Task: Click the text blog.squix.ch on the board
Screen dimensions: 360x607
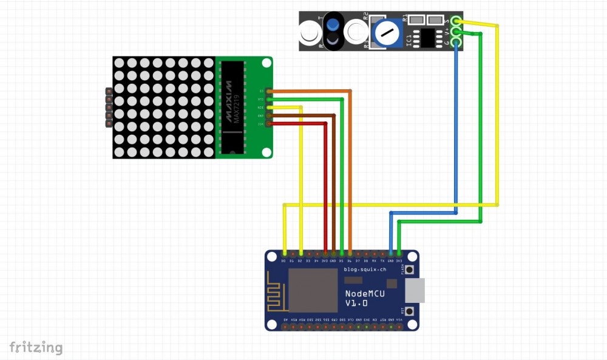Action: pos(365,269)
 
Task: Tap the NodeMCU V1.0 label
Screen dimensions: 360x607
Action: pos(364,297)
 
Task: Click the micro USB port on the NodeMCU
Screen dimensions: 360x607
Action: pos(415,290)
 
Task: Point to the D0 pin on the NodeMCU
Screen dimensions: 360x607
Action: pos(285,253)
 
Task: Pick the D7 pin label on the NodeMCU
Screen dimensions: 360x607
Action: pos(358,260)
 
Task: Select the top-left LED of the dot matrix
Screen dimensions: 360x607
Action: pos(119,63)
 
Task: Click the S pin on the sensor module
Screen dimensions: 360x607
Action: pos(456,22)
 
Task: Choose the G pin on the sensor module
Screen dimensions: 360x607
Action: pos(456,42)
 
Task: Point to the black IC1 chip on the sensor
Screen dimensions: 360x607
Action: pos(430,38)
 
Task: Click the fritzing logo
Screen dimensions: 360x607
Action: pos(36,348)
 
